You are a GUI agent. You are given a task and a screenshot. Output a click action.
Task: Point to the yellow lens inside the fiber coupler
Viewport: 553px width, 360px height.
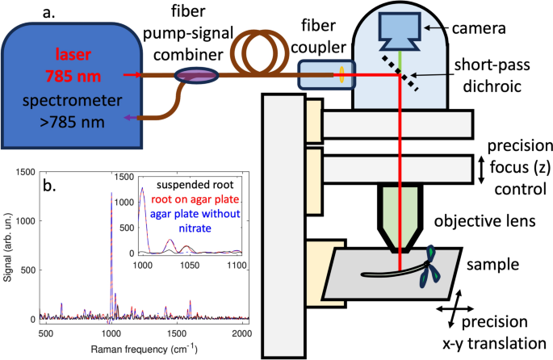pyautogui.click(x=342, y=75)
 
